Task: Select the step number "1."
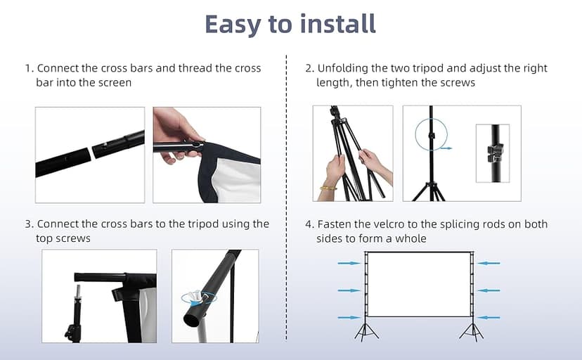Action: (x=30, y=68)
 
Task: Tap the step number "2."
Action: (x=309, y=68)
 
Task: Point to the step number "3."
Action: (x=30, y=224)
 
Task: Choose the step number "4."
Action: (x=309, y=224)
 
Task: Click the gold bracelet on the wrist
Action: (x=328, y=188)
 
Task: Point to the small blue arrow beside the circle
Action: (x=446, y=148)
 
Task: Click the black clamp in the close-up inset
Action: (x=495, y=154)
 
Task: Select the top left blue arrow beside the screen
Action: (x=349, y=263)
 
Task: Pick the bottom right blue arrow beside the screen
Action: (x=489, y=318)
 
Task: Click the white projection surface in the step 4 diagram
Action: (x=419, y=285)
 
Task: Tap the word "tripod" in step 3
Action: (x=203, y=225)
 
